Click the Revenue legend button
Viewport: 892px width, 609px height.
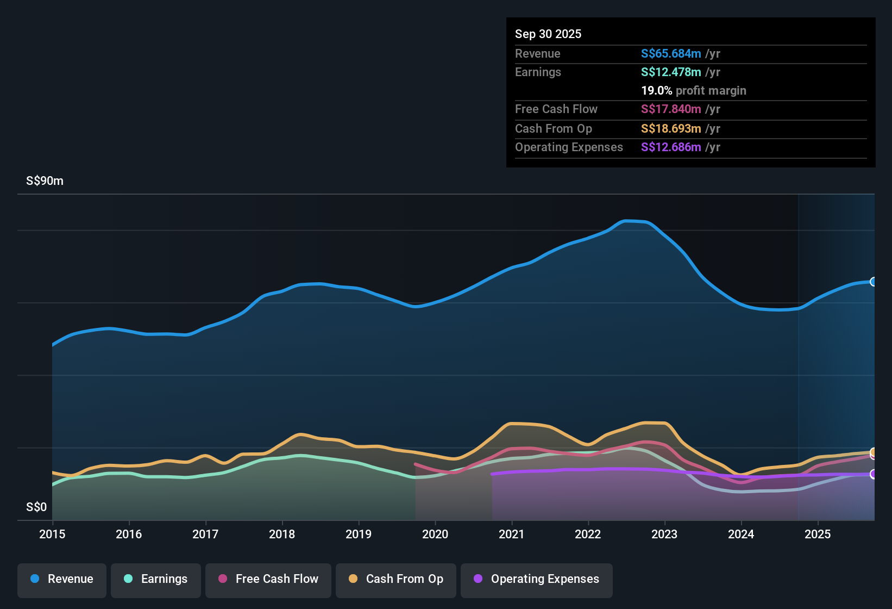62,579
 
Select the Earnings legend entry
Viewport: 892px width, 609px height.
156,579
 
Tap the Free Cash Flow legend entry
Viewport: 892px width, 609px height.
268,579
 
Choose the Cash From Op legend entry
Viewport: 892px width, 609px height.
396,579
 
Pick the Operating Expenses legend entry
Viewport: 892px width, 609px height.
537,579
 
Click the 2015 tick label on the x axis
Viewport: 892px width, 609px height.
52,535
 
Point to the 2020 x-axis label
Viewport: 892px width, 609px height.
435,535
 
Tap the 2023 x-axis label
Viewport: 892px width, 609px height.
664,535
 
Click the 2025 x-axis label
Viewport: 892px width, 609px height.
818,535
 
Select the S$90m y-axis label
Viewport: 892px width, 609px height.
45,181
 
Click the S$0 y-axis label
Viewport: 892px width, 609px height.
36,507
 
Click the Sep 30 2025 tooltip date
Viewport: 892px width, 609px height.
548,34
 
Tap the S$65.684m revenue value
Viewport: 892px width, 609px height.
671,54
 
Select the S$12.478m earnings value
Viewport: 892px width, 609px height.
671,72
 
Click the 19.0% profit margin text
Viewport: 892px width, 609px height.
694,91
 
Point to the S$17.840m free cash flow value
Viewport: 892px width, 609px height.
671,109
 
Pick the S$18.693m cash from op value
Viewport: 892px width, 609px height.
671,129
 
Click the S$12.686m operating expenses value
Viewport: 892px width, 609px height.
671,147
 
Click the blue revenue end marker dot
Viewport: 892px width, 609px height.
874,282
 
